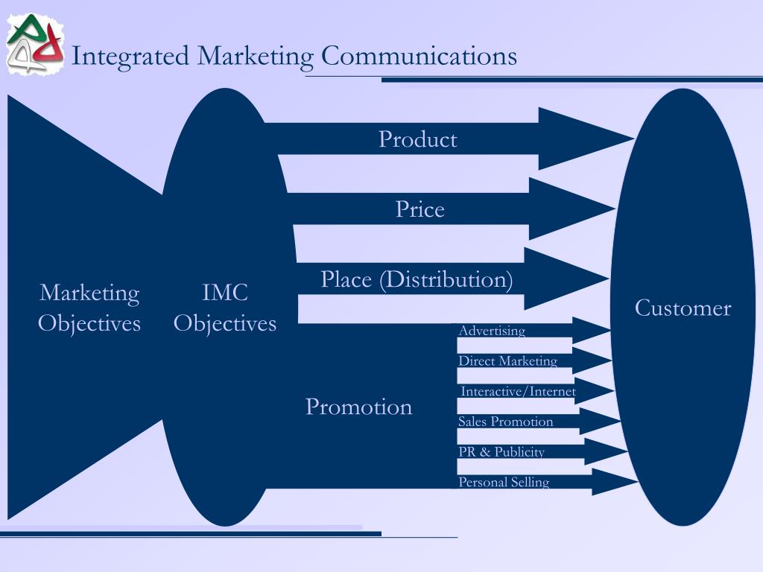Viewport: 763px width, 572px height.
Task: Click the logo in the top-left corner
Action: point(34,45)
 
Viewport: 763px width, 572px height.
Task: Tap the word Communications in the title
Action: point(419,56)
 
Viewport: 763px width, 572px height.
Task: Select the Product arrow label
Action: point(417,139)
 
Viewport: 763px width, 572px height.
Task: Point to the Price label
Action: point(420,209)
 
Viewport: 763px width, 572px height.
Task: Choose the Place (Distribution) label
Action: point(417,280)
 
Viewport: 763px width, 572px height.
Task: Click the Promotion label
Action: point(358,407)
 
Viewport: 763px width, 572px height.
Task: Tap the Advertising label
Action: point(492,331)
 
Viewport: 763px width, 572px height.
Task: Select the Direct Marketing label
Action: point(507,361)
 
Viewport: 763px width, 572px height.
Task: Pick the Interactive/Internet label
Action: point(518,392)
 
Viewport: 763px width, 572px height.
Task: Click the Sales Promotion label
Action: point(505,422)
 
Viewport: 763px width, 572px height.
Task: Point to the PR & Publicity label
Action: point(501,452)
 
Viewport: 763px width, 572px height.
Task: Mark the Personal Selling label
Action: point(504,483)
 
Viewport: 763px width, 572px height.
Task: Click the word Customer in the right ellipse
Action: point(683,308)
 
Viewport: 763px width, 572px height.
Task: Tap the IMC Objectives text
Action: point(225,308)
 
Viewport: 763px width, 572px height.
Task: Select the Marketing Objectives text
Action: point(89,308)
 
